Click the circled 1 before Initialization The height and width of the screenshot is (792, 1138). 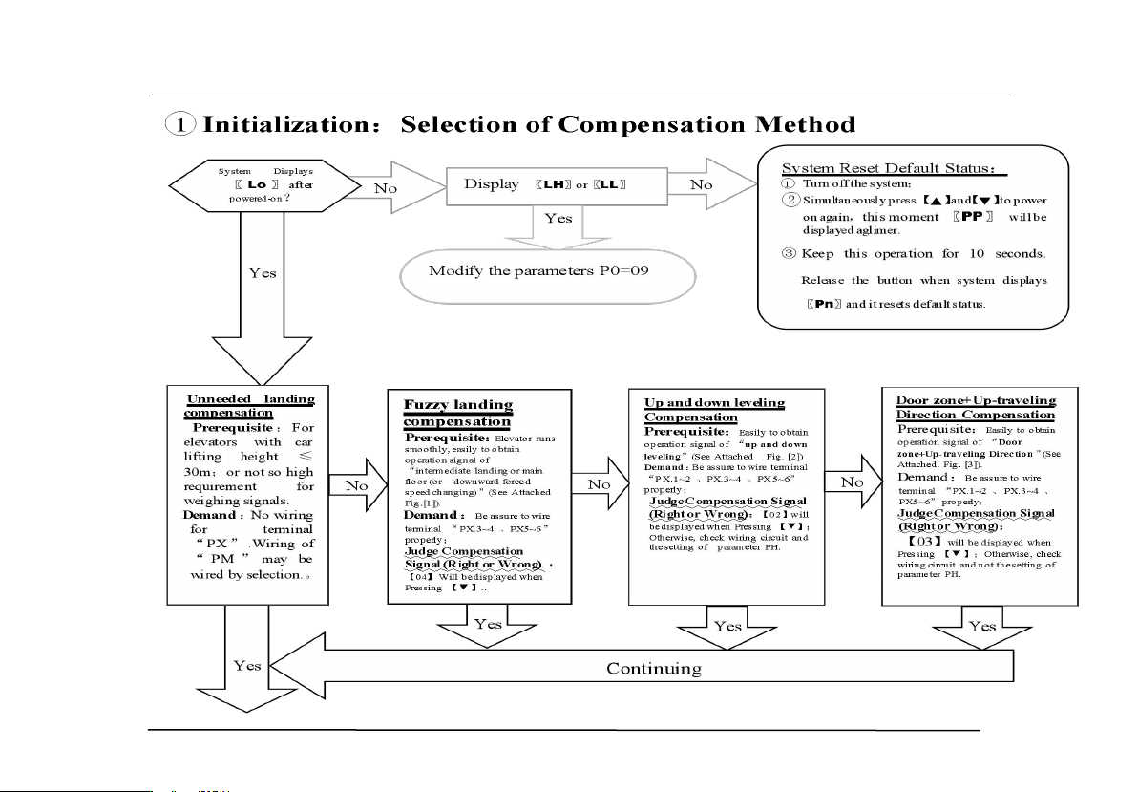[x=179, y=125]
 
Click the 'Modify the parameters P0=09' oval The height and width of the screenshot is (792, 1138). [x=539, y=270]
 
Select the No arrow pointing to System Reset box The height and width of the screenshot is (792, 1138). [x=704, y=183]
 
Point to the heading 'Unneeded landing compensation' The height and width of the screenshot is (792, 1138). [x=250, y=405]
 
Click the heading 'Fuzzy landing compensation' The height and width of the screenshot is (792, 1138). [x=458, y=413]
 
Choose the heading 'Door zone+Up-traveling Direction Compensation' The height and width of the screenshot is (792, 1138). [x=976, y=407]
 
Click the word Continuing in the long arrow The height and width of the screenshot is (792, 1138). [x=654, y=668]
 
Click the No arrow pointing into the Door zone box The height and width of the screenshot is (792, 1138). [x=852, y=482]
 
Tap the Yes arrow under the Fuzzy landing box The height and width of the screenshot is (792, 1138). [x=487, y=627]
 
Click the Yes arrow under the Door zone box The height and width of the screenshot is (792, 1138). [x=981, y=629]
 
